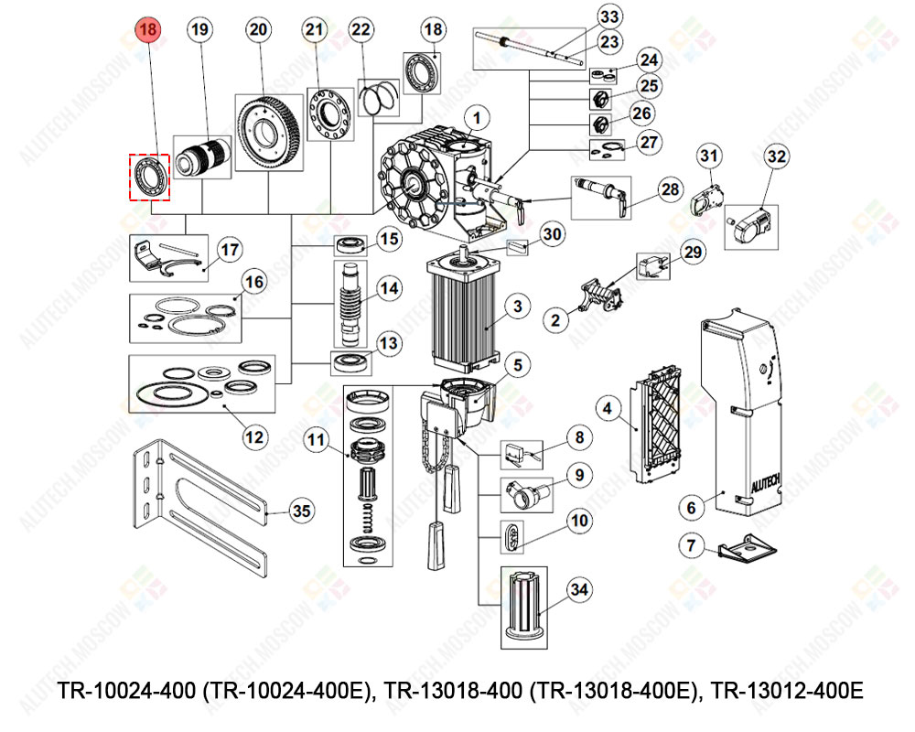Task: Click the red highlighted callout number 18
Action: click(x=148, y=30)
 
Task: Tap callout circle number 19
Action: click(x=199, y=30)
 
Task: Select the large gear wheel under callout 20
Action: click(x=268, y=132)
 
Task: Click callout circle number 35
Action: click(x=301, y=511)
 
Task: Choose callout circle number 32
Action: click(x=776, y=156)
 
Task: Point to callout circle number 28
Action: click(x=671, y=189)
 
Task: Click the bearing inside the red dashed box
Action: click(x=148, y=176)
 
